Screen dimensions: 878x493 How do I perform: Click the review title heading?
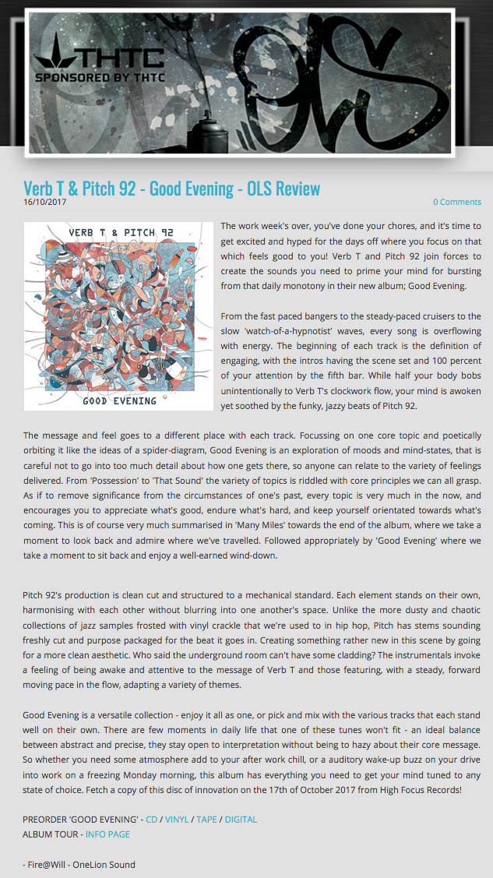tap(171, 189)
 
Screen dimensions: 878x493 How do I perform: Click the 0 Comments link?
tap(457, 202)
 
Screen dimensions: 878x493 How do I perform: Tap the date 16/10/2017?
tap(44, 202)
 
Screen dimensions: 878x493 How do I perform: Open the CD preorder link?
tap(151, 819)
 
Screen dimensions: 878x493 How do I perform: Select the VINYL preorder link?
tap(176, 819)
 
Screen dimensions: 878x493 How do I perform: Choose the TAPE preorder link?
tap(206, 819)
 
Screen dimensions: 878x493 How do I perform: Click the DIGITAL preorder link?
tap(241, 819)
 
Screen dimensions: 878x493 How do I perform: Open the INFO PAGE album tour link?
tap(107, 834)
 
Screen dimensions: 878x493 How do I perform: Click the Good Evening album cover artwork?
tap(118, 316)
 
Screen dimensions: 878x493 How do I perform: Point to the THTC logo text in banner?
tap(117, 58)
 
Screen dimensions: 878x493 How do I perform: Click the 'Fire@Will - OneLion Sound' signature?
tap(79, 864)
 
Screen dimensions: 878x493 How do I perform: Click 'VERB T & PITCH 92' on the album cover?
tap(119, 232)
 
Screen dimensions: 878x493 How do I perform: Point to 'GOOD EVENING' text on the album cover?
tap(119, 400)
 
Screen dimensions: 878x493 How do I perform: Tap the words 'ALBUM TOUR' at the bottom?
tap(49, 834)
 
